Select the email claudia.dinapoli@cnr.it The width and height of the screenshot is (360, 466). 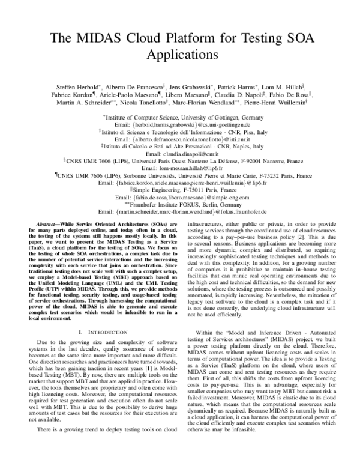[179, 153]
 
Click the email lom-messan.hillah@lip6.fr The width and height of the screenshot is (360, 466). [179, 170]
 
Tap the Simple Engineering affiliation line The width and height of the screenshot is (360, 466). [181, 187]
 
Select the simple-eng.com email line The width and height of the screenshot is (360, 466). [179, 196]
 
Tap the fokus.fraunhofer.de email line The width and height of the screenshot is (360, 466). [179, 213]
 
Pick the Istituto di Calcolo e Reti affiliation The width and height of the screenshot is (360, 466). [180, 145]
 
